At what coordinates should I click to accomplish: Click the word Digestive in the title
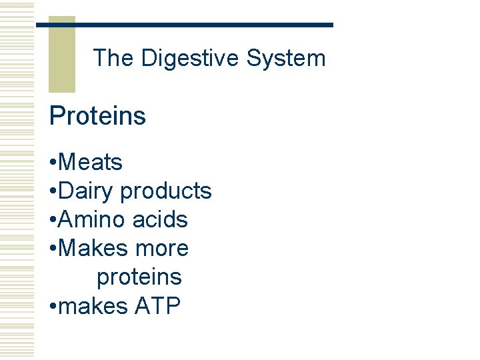pos(190,59)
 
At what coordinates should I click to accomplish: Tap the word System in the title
pos(286,59)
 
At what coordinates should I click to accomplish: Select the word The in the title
pos(113,59)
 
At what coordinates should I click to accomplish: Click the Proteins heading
pos(97,116)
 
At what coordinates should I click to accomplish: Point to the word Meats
pos(91,162)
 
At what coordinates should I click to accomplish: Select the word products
pos(165,191)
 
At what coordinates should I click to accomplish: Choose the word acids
pos(159,220)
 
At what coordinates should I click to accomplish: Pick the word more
pos(161,249)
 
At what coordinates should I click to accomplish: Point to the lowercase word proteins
pos(139,277)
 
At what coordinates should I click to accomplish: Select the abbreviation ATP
pos(157,306)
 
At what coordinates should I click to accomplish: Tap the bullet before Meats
pos(53,163)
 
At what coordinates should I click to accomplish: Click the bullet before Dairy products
pos(53,192)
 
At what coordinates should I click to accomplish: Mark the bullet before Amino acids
pos(53,221)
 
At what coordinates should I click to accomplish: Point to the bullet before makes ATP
pos(53,307)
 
